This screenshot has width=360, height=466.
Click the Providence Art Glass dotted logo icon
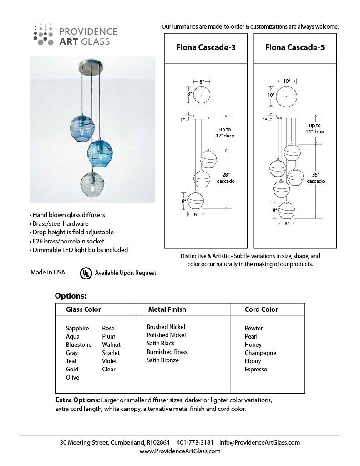coord(44,33)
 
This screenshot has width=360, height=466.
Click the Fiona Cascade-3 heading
coord(205,47)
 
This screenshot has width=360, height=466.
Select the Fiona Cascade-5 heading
coord(294,47)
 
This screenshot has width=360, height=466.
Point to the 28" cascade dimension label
coord(226,178)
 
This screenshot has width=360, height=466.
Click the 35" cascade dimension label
coord(315,178)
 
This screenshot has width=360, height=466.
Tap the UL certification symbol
coord(85,273)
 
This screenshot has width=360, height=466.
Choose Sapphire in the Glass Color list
coord(77,328)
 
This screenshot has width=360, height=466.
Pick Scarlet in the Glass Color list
coord(111,353)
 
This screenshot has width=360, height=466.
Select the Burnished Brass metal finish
coord(167,352)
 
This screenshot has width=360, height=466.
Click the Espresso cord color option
coord(256,369)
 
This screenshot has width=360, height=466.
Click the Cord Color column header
coord(261,309)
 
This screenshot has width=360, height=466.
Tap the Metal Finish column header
coord(167,309)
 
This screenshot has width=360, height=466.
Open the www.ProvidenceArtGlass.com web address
coord(180,451)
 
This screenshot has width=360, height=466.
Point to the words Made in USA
coord(48,272)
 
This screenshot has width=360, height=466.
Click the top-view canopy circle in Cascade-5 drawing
coord(286,96)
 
